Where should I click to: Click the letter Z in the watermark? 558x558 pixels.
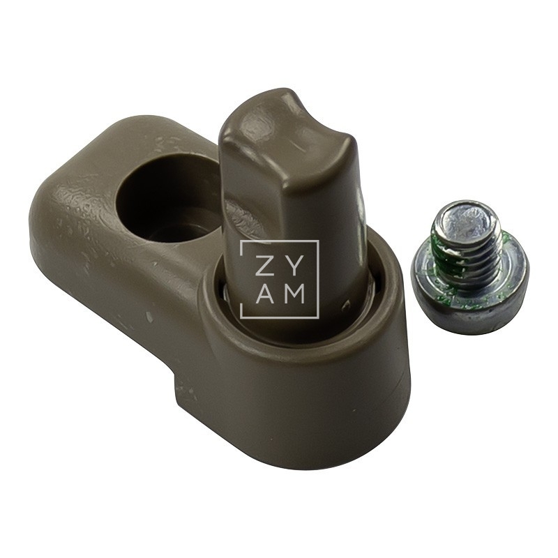coord(264,264)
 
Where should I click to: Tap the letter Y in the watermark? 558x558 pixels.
coord(294,264)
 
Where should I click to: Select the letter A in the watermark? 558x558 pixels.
coord(264,294)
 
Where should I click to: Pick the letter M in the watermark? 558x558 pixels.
coord(294,294)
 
